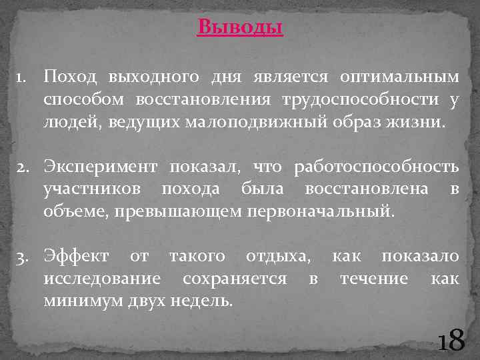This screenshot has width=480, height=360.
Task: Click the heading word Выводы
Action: tap(240, 28)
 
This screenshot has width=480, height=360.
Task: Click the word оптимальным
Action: tap(399, 77)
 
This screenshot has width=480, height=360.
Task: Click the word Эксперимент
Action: tap(101, 167)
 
